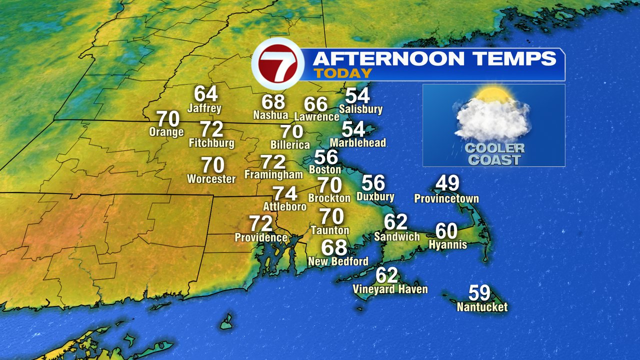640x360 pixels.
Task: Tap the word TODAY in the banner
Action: pos(342,73)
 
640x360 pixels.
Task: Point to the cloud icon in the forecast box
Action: pos(492,117)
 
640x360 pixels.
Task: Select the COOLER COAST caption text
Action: pos(494,154)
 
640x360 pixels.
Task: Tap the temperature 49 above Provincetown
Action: pos(447,183)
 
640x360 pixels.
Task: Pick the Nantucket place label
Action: pos(482,307)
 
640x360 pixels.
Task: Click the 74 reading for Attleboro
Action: pos(284,193)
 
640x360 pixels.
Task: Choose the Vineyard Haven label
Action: pos(390,289)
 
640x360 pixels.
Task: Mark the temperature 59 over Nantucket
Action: pos(479,292)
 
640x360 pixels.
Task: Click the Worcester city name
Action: pos(211,178)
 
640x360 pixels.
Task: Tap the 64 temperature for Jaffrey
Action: pos(205,93)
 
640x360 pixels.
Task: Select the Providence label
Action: pos(261,237)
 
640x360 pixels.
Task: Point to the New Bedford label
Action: pos(338,261)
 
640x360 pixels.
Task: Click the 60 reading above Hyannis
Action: pos(446,230)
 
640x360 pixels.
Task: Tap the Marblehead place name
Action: pos(357,142)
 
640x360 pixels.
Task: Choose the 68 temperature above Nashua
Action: pos(273,101)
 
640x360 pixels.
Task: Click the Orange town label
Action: pos(166,132)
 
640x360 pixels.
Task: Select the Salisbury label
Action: pos(360,108)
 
